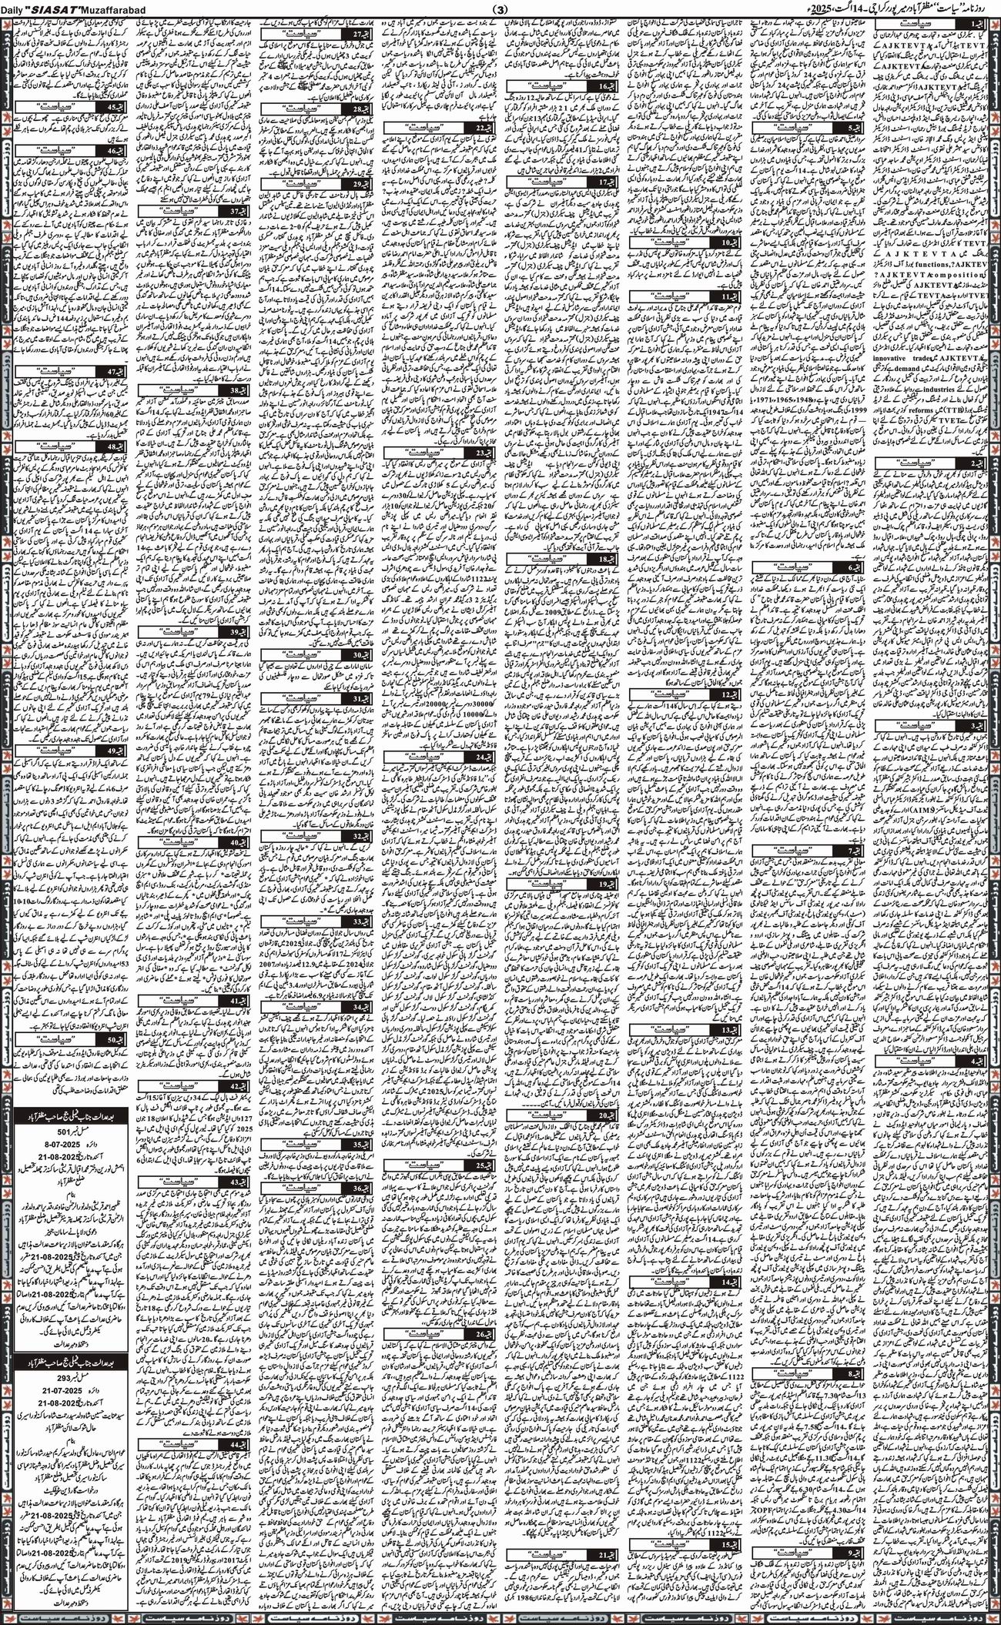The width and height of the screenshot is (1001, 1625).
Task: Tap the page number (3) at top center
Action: pos(501,8)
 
